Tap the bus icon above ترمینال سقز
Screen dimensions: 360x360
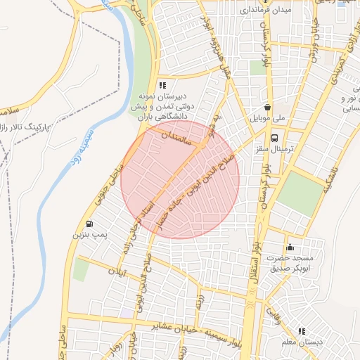274,138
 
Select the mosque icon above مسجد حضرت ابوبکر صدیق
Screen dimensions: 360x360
290,247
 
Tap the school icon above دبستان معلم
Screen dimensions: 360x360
302,330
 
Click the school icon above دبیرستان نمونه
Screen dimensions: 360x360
163,85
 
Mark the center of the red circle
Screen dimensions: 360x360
180,179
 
